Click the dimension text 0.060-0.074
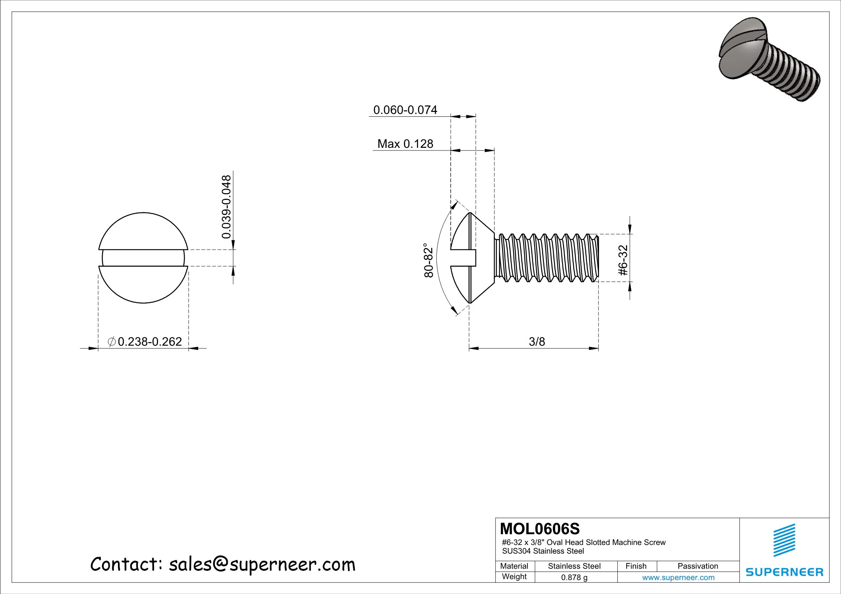(405, 110)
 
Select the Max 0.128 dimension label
(405, 144)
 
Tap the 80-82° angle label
(429, 261)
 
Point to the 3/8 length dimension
(537, 341)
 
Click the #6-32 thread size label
(623, 261)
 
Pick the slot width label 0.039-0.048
(226, 207)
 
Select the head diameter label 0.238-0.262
(149, 341)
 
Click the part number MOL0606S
(540, 529)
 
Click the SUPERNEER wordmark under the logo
(784, 572)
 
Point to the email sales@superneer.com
(262, 564)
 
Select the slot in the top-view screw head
(143, 258)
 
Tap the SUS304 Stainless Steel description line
(543, 551)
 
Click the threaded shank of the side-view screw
(547, 258)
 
